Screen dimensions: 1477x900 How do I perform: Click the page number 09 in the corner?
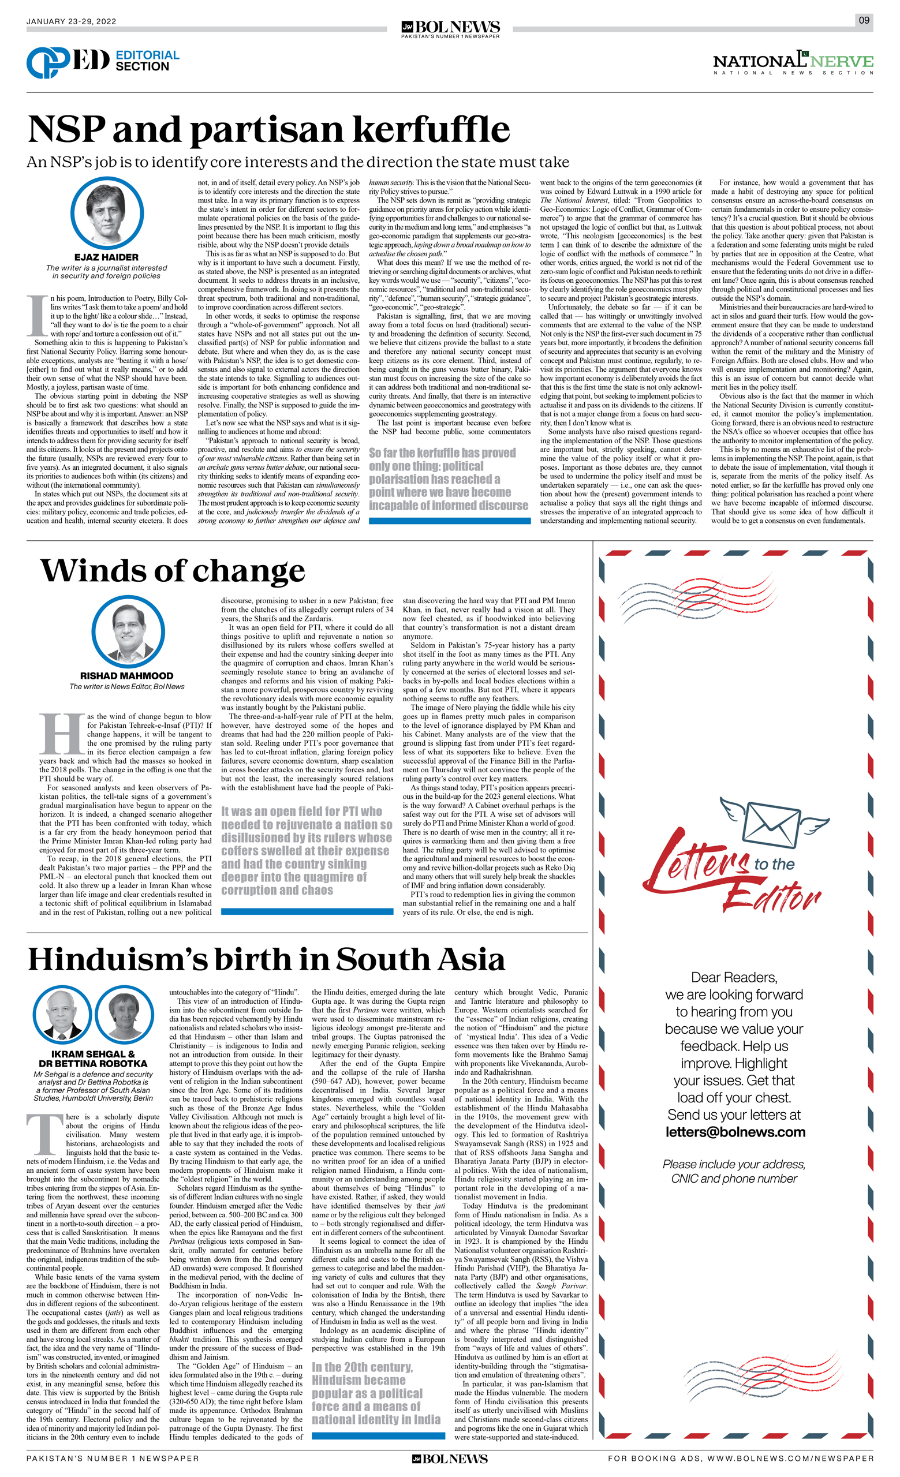coord(864,20)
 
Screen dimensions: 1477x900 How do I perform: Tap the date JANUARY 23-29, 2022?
coord(72,21)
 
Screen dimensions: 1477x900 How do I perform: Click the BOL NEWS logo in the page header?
coord(450,28)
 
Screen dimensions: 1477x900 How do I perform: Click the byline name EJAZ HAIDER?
coord(106,257)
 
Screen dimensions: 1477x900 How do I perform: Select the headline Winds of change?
coord(173,570)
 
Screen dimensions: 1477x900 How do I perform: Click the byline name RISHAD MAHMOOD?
coord(126,675)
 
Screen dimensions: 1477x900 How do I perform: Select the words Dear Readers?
coord(734,977)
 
